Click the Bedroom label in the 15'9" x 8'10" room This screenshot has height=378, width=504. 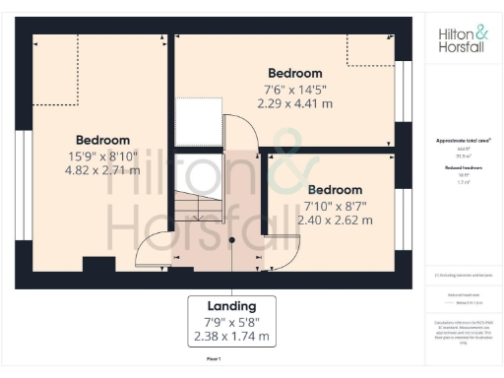[102, 140]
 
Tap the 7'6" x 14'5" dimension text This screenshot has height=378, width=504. [294, 88]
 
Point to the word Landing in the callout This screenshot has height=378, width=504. [232, 305]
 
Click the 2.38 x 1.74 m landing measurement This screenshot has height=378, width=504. [232, 338]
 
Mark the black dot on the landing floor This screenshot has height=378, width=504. [232, 239]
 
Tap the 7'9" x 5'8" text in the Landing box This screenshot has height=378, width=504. [232, 322]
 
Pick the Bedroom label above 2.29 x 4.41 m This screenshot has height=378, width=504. [294, 73]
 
